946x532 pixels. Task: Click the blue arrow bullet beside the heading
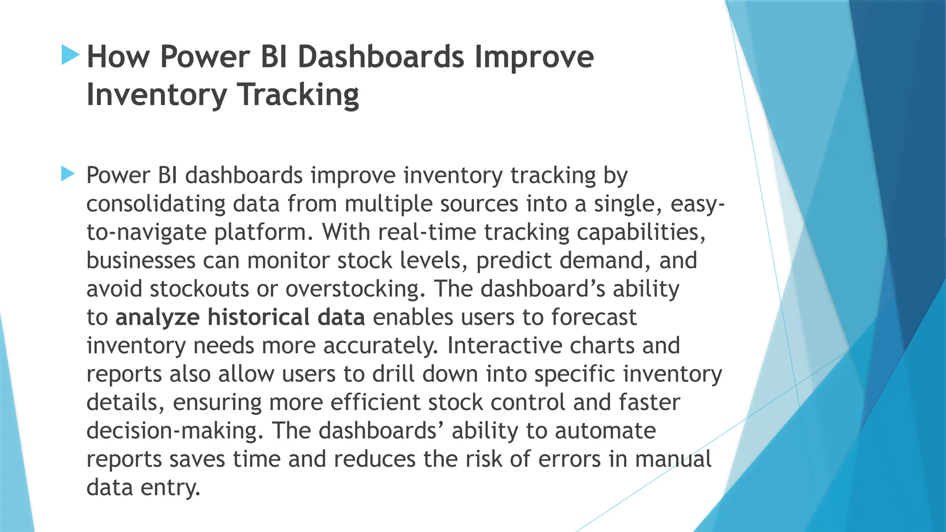point(70,55)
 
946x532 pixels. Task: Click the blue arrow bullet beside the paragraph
point(67,175)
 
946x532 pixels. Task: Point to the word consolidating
point(156,204)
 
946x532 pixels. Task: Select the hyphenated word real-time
point(427,232)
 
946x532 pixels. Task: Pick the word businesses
point(141,260)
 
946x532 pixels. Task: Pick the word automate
point(605,431)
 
